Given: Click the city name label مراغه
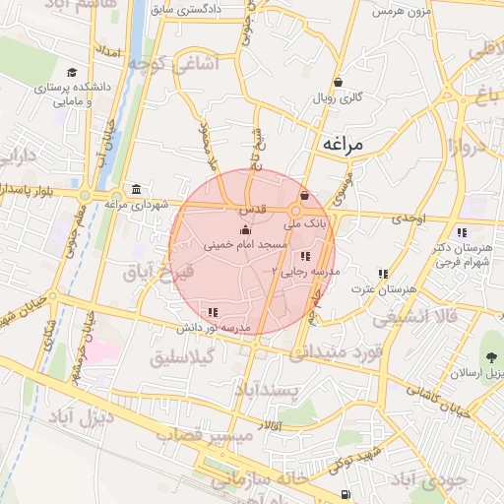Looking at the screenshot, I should tap(342, 144).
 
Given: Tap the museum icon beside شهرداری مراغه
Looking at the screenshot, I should tap(135, 189).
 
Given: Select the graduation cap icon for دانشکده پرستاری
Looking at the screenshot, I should tap(72, 73).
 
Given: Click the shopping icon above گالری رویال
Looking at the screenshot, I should tap(338, 83).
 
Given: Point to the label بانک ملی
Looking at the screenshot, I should tap(307, 224).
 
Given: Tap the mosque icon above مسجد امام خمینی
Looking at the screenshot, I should tap(245, 229).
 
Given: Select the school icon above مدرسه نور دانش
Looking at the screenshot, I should tap(214, 312).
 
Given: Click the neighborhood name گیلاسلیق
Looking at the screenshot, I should tap(182, 359).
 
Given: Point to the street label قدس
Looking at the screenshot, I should tap(250, 210).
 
